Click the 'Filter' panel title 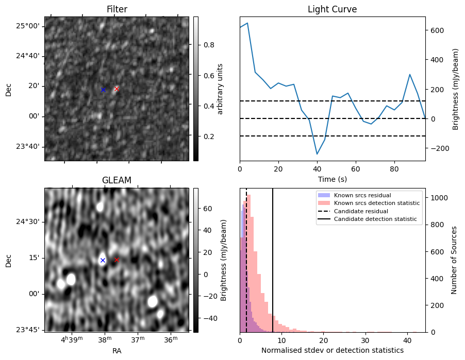(117, 9)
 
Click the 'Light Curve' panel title (332, 9)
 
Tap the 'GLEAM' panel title (117, 180)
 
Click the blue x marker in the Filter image (103, 90)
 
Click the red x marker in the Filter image (117, 89)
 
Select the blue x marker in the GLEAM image (103, 261)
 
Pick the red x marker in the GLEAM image (117, 260)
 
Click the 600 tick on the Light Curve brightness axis (437, 30)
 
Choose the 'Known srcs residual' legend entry (362, 196)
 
